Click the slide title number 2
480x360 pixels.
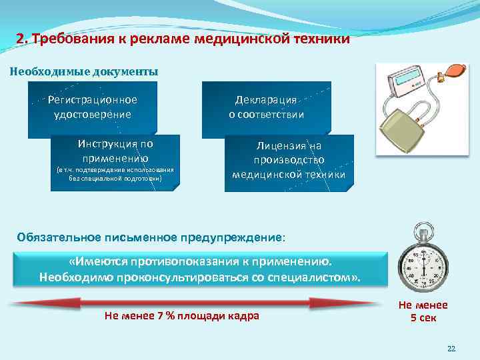pos(21,39)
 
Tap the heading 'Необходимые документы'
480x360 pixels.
pos(84,71)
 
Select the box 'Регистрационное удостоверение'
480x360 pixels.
pos(93,107)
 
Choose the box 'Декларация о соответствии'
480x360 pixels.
pos(266,107)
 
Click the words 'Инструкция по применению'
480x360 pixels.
pos(115,151)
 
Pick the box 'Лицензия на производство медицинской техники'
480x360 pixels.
pos(289,160)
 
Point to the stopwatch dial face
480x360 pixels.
pos(425,269)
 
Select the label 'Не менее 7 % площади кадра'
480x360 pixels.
pos(182,315)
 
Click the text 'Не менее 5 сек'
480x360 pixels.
pos(423,311)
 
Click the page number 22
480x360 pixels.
pos(451,349)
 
